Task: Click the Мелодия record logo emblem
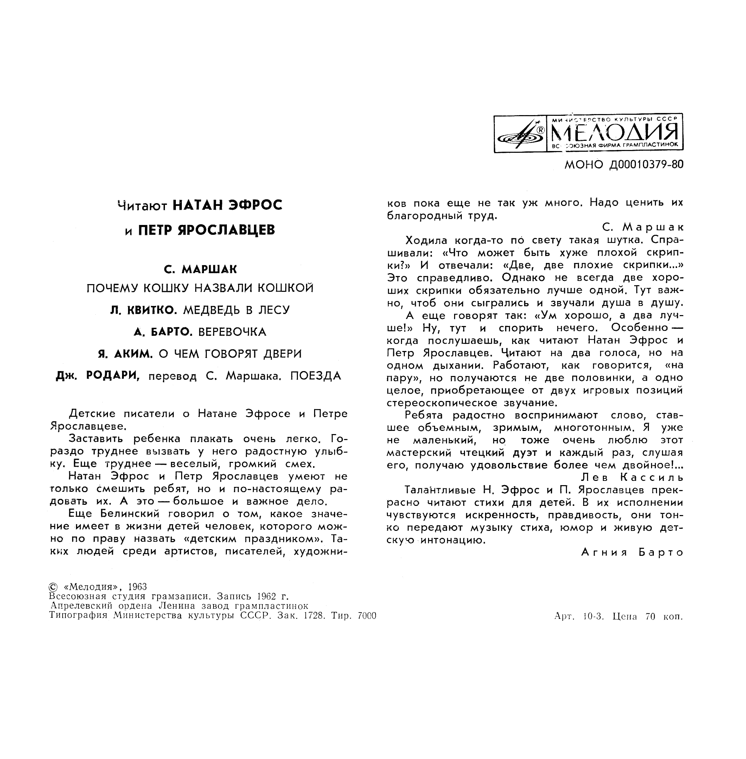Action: tap(520, 134)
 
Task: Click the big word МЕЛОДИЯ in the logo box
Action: tap(615, 133)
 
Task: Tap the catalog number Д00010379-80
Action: tap(646, 164)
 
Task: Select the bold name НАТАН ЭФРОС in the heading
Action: tap(227, 205)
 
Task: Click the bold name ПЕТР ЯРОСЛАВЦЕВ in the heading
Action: tap(206, 230)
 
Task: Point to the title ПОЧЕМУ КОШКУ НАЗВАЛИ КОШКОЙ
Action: tap(200, 288)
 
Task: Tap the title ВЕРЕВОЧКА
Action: tap(232, 332)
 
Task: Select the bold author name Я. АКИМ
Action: tap(125, 354)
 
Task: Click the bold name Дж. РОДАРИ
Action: tap(98, 376)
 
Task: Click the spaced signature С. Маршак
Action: tap(643, 227)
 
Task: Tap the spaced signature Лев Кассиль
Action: tap(632, 477)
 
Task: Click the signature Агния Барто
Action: tap(632, 553)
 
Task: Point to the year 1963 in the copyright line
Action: tap(137, 587)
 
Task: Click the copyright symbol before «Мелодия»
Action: tap(53, 587)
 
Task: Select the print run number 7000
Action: tap(367, 616)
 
